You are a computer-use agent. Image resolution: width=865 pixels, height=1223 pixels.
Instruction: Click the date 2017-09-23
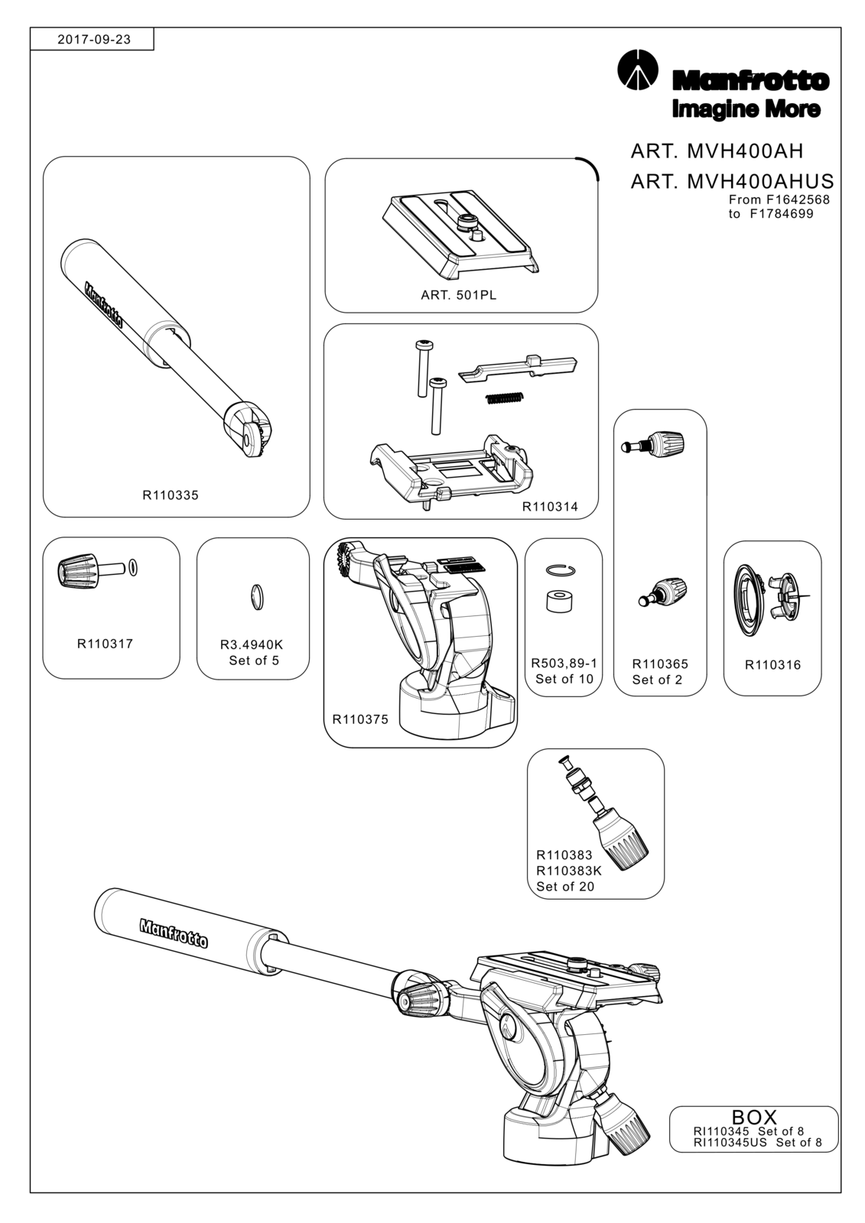click(94, 40)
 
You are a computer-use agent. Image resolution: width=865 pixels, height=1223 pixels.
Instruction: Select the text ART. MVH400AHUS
click(732, 180)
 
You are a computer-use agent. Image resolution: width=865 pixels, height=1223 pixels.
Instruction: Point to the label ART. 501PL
click(458, 295)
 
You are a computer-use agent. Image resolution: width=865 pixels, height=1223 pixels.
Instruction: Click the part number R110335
click(171, 495)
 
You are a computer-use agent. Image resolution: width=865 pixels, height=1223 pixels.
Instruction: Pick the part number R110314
click(550, 507)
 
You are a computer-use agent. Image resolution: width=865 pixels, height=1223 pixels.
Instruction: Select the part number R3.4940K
click(252, 645)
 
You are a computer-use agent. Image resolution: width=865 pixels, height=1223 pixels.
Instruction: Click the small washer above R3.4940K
click(257, 596)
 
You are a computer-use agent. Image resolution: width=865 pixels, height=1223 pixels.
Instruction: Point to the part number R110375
click(360, 719)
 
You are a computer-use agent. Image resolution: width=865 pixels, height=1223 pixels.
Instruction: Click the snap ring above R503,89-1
click(561, 569)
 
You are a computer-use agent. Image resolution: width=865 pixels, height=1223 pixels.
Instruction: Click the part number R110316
click(772, 664)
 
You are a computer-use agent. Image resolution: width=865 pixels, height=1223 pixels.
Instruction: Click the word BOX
click(754, 1117)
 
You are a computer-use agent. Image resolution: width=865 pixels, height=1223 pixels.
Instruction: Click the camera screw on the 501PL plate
click(466, 222)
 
